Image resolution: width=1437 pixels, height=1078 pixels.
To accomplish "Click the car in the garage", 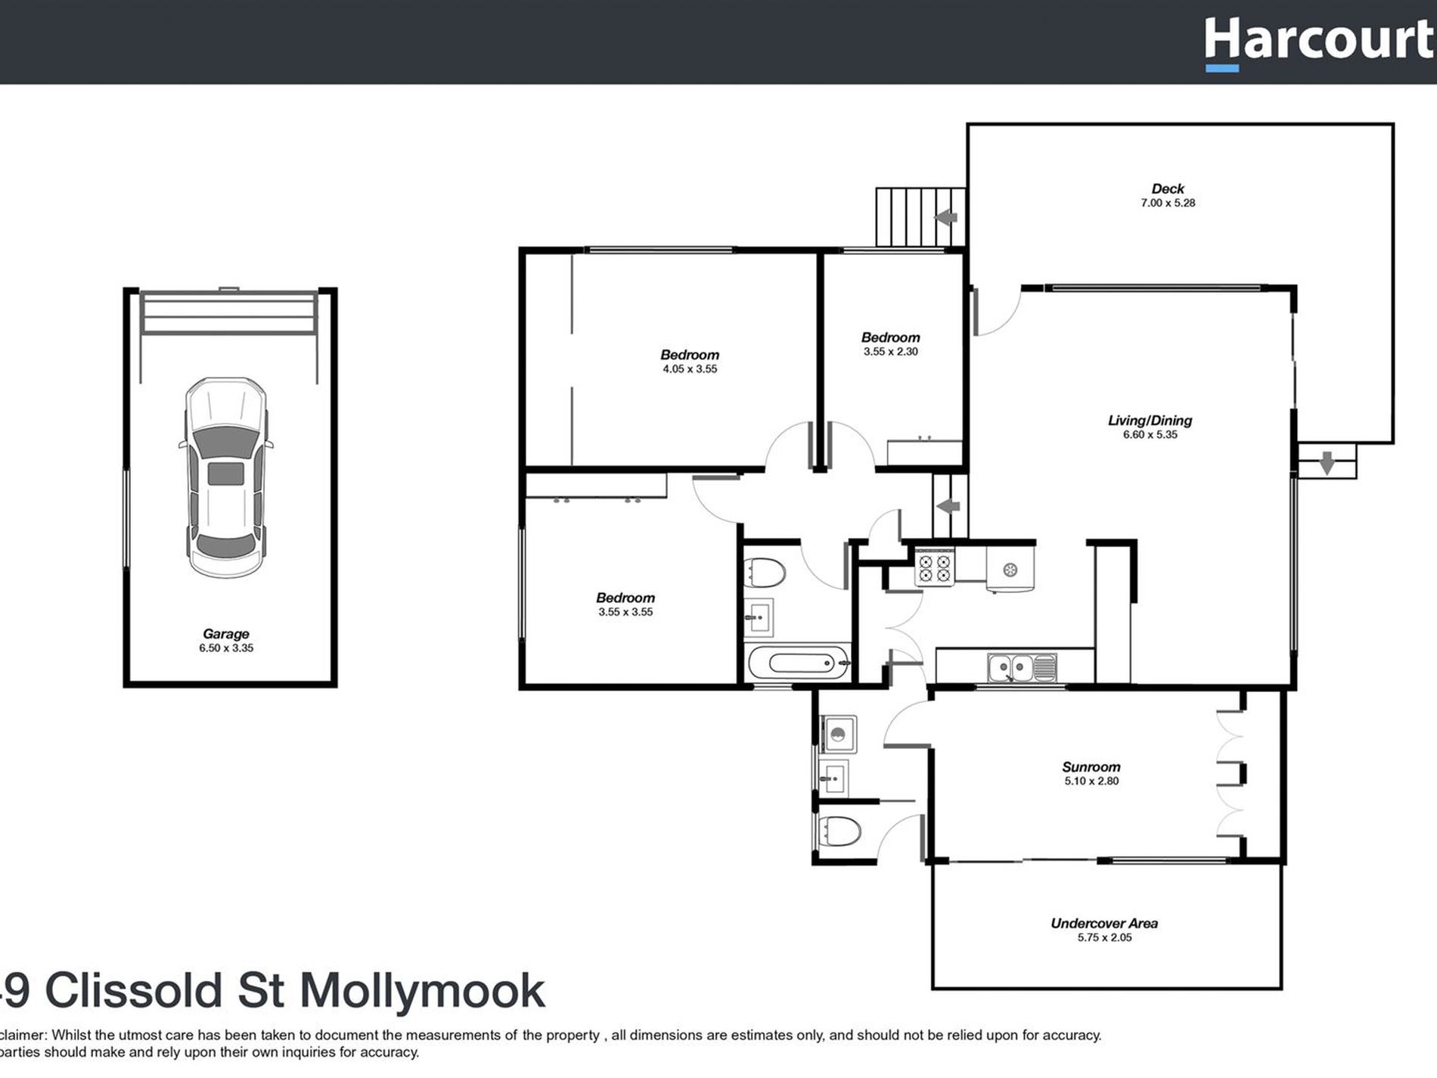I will [226, 477].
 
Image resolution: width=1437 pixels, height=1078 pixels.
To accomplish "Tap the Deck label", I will [1168, 189].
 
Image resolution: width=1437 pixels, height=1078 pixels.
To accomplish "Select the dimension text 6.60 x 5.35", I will [1150, 435].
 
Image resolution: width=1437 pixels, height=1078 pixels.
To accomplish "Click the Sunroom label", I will [1091, 767].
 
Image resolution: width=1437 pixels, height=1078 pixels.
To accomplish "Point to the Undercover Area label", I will [1104, 923].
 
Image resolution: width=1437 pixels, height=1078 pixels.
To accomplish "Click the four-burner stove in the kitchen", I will [934, 568].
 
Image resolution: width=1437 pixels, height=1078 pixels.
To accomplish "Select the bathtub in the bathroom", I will [799, 663].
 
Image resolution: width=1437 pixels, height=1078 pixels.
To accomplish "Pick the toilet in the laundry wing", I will [840, 832].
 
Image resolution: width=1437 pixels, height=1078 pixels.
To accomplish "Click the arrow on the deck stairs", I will [945, 218].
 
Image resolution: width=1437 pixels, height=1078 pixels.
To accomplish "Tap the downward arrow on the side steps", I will [1327, 463].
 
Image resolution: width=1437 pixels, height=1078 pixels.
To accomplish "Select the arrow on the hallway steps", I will [948, 506].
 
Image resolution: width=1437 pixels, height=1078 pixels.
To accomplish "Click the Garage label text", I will [225, 634].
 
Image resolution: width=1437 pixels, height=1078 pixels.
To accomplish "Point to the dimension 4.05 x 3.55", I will [689, 369].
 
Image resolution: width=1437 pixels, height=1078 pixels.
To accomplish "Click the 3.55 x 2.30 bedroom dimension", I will [890, 352].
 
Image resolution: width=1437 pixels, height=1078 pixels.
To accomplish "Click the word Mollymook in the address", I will [422, 991].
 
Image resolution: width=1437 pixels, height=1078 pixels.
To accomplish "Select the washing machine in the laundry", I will [838, 734].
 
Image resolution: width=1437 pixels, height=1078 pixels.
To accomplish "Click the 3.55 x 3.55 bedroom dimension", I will [625, 612].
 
